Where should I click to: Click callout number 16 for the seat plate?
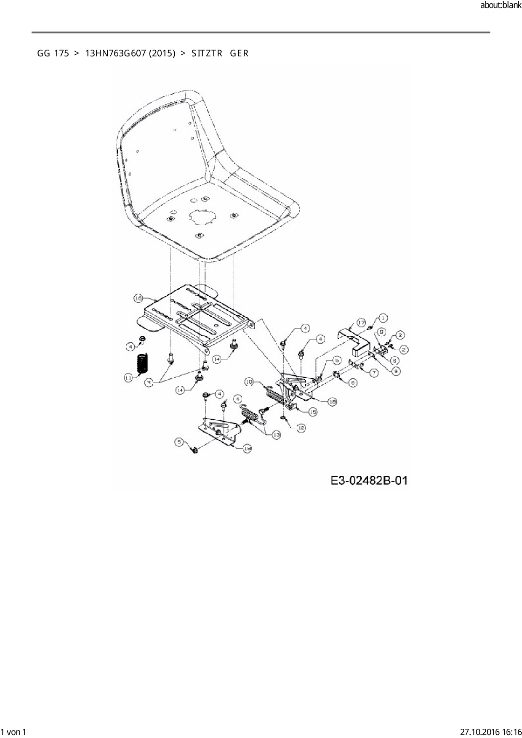click(x=138, y=298)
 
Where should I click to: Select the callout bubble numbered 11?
click(x=129, y=377)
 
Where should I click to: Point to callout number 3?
click(x=149, y=383)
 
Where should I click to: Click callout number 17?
click(x=361, y=323)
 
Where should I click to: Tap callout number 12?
click(x=301, y=428)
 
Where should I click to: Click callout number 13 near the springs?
click(x=276, y=435)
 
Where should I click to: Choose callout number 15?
click(x=312, y=412)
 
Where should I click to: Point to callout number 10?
click(x=249, y=382)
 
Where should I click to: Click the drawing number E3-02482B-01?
click(x=369, y=480)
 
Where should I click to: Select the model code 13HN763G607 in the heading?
click(x=130, y=53)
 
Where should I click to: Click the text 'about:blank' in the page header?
click(x=501, y=5)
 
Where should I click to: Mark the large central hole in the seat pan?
click(x=203, y=217)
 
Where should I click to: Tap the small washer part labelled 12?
click(x=284, y=417)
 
